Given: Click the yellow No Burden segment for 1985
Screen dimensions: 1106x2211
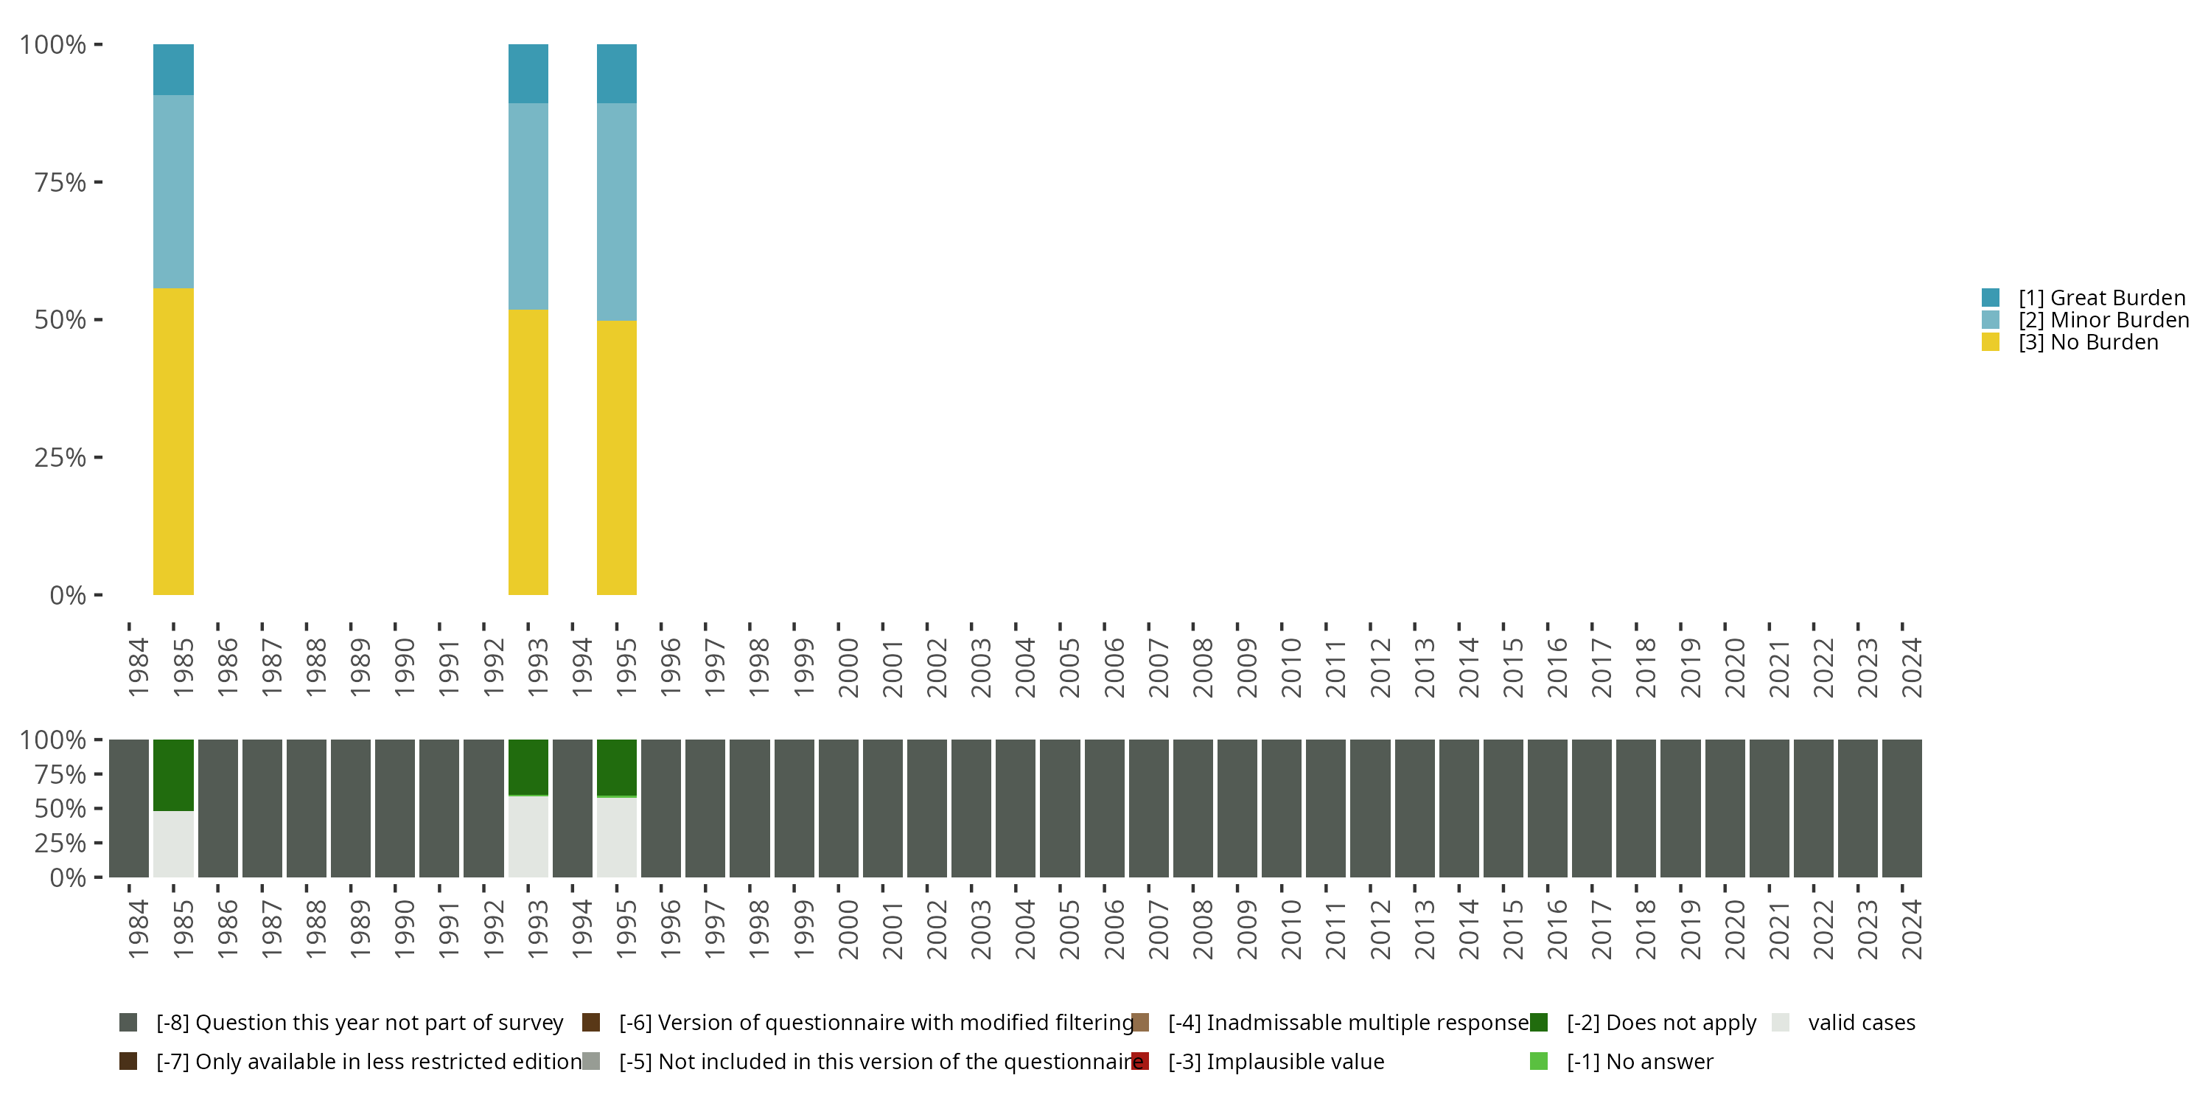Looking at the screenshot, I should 173,442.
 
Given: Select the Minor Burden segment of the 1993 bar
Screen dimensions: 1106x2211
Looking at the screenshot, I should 528,206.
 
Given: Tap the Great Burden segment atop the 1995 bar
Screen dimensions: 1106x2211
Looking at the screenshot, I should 616,74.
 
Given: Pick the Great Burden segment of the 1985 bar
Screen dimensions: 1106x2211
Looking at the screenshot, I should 173,69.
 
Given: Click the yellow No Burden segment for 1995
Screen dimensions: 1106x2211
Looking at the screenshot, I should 616,457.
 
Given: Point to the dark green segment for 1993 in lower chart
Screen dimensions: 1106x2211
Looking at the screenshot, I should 528,767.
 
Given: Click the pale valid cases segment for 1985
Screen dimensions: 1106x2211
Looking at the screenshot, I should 173,844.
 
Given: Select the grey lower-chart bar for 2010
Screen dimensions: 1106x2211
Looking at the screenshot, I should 1282,808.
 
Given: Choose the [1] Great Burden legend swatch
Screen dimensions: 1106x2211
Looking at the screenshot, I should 1991,298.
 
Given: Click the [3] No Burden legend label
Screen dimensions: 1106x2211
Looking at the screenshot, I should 2087,343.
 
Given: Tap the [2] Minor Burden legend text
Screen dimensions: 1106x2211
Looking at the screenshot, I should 2103,320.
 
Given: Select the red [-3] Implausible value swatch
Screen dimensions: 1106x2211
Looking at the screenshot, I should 1141,1061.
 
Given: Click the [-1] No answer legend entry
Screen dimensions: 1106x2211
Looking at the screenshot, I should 1639,1061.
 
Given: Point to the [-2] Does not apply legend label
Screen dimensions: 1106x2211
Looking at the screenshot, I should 1660,1023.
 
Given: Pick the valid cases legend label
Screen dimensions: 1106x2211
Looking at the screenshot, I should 1861,1023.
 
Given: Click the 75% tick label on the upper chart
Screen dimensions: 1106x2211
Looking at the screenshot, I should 60,182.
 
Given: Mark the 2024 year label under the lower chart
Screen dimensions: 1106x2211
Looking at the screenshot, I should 1913,930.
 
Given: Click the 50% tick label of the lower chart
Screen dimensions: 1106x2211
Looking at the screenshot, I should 60,809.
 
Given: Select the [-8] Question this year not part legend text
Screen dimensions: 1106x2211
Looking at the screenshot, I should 359,1023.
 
